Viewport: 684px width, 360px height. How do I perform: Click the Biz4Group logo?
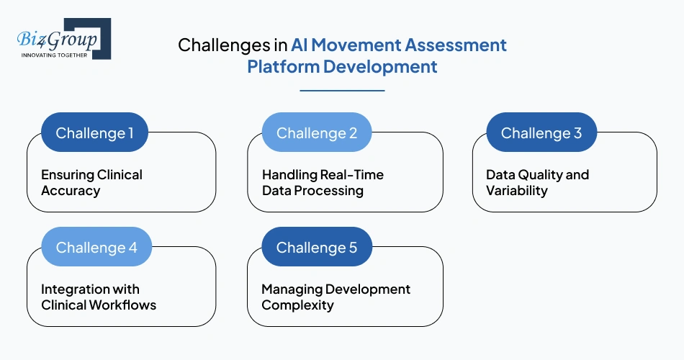tap(63, 40)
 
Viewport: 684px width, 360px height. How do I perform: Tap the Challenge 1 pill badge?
tap(94, 133)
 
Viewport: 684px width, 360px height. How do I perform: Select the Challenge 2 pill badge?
tap(316, 133)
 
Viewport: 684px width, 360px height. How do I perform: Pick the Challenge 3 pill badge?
tap(541, 133)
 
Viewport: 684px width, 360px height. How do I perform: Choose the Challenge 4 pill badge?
tap(96, 248)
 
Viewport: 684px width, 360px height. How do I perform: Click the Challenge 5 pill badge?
tap(316, 248)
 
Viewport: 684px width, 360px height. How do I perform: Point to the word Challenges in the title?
tap(224, 45)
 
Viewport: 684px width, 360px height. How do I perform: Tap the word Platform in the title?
tap(283, 67)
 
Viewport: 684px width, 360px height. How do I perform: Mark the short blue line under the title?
tap(342, 91)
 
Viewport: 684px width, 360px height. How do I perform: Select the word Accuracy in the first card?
tap(71, 191)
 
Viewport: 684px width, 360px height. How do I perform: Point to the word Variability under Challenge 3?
tap(517, 191)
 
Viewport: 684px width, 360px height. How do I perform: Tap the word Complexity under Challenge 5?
tap(297, 305)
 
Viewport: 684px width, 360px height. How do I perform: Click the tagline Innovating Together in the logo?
tap(54, 55)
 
